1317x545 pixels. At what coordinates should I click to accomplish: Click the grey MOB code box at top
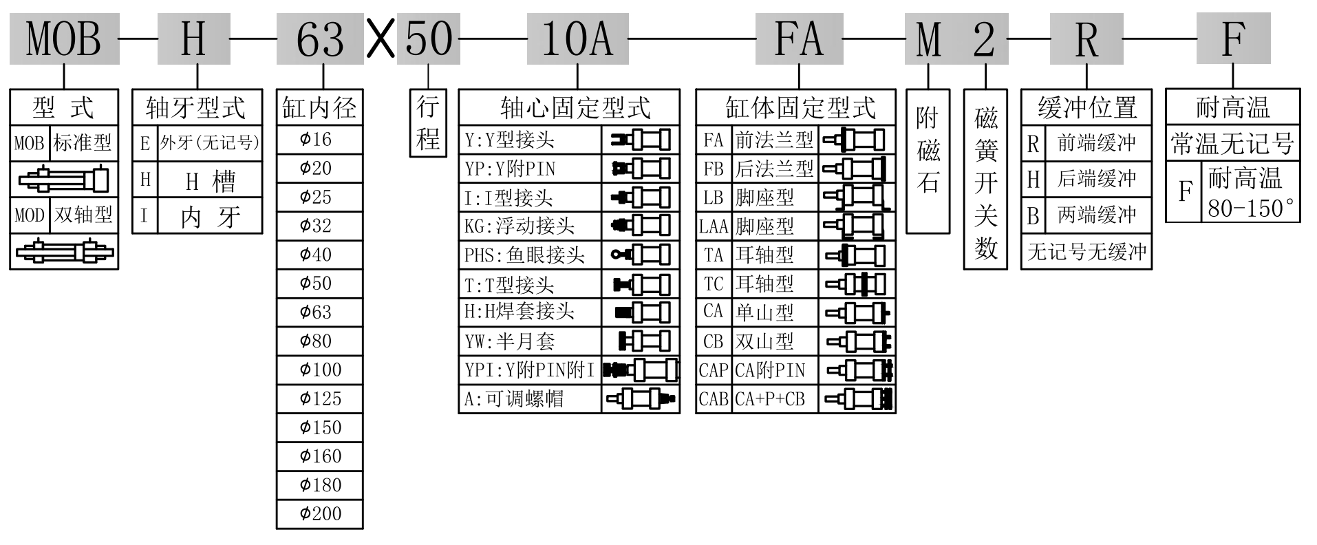click(x=64, y=39)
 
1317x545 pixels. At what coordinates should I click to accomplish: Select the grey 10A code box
click(x=577, y=39)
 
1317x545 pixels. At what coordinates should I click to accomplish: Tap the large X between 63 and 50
click(x=381, y=39)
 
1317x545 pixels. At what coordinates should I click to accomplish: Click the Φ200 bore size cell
click(x=320, y=513)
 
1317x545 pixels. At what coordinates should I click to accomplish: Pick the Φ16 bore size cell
click(x=320, y=140)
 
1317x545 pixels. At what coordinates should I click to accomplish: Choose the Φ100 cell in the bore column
click(x=320, y=370)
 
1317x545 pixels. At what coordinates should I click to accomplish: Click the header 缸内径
click(x=320, y=107)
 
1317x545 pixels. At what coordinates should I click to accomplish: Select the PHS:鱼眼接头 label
click(x=524, y=255)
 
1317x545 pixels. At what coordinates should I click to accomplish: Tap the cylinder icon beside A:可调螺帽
click(x=641, y=398)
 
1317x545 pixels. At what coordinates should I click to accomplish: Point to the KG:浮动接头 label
click(x=520, y=226)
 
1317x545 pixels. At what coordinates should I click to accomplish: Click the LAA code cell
click(x=714, y=226)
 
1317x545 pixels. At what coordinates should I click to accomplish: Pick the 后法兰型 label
click(x=775, y=169)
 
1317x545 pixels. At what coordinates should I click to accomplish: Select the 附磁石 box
click(x=928, y=160)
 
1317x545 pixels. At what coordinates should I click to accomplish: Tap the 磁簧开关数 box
click(x=985, y=179)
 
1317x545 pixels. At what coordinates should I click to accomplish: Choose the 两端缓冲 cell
click(x=1096, y=215)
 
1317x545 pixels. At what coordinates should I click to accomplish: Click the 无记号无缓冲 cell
click(x=1086, y=252)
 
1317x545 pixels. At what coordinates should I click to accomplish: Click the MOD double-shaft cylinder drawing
click(x=64, y=251)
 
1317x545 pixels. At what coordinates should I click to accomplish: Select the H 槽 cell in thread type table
click(x=211, y=180)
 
